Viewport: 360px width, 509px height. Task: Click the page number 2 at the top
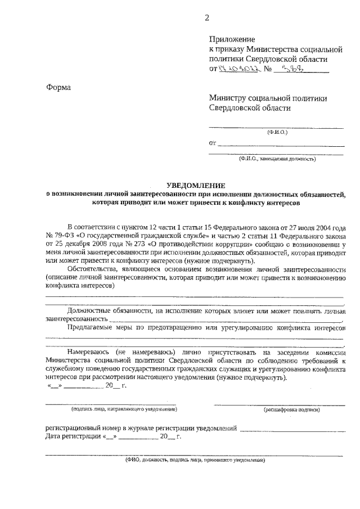click(206, 18)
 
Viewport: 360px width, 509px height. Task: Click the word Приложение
click(232, 40)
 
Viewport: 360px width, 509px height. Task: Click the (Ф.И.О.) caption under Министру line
click(277, 132)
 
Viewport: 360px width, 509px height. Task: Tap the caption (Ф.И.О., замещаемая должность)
click(277, 159)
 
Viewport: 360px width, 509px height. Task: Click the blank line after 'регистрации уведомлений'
click(291, 429)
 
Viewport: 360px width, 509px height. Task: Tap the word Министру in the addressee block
click(227, 98)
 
